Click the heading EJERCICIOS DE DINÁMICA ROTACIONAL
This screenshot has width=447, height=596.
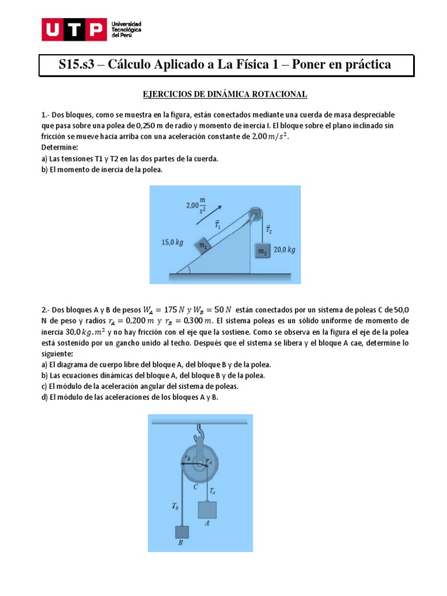click(225, 94)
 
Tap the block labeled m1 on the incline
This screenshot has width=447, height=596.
click(203, 246)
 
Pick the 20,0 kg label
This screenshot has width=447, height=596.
click(285, 250)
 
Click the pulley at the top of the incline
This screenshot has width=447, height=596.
click(254, 213)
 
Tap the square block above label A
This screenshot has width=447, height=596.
click(207, 509)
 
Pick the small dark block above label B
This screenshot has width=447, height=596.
click(182, 531)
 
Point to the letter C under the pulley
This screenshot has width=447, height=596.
click(196, 487)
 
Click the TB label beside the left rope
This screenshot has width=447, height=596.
click(176, 506)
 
